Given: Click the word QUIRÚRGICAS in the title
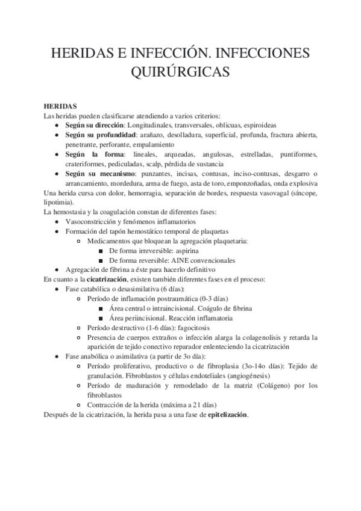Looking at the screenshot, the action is [180, 72].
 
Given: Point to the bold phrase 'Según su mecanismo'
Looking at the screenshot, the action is [99, 174].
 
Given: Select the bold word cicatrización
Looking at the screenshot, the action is [108, 280].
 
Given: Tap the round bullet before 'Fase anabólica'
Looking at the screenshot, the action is [56, 357].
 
